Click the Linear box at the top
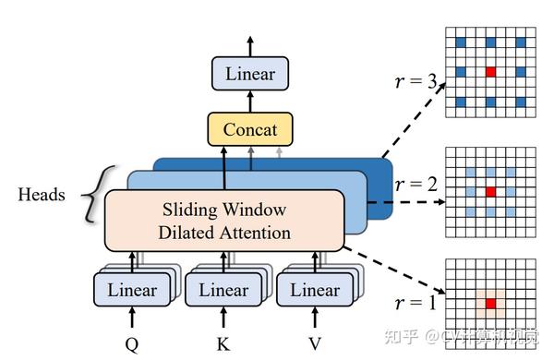pos(249,73)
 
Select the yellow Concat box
pos(249,129)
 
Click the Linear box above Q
pos(132,290)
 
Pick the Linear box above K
pos(223,290)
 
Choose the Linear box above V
pos(315,290)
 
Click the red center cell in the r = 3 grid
pos(490,71)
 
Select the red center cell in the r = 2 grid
pos(490,190)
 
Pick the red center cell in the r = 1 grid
pos(490,303)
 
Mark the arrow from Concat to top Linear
pos(249,101)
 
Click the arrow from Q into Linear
pos(132,318)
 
